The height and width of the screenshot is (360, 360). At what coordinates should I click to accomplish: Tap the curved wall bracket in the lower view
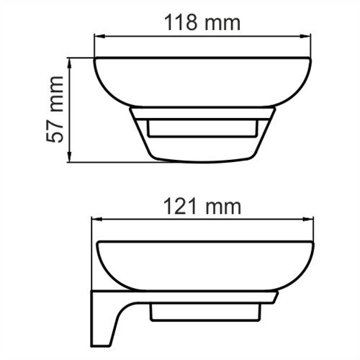115,313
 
